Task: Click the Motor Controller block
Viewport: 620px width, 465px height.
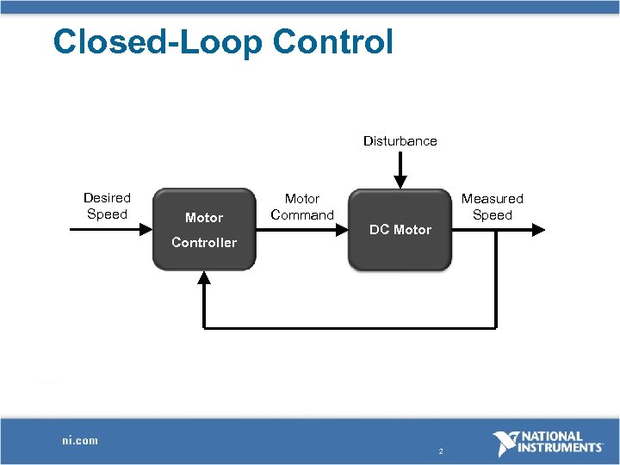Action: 203,229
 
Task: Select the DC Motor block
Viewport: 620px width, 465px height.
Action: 400,229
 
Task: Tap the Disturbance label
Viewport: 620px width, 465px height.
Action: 400,140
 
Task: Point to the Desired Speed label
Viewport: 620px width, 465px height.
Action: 107,207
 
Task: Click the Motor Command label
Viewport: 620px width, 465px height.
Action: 302,207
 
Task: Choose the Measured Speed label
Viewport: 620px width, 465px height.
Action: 492,207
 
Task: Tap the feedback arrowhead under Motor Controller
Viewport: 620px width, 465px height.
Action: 203,277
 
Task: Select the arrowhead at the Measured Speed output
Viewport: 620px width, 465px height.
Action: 538,230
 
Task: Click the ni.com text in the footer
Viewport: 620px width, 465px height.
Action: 80,440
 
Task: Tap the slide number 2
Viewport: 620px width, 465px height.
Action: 440,451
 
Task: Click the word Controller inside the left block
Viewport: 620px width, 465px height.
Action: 203,243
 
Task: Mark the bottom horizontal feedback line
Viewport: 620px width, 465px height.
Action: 349,327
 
